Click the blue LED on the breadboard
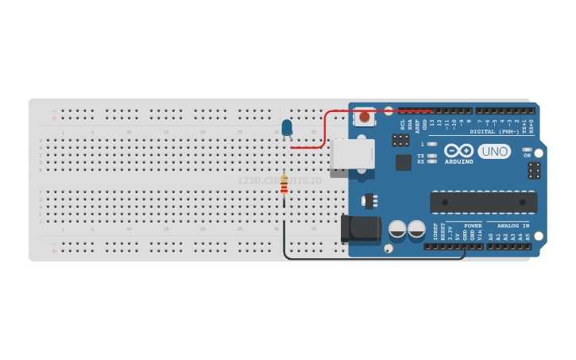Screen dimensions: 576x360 (287, 127)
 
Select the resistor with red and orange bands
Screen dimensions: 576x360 (284, 184)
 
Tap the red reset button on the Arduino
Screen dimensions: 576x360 (364, 117)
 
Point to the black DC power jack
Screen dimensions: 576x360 (361, 228)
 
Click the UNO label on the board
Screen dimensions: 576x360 (493, 151)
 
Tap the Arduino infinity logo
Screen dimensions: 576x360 (458, 150)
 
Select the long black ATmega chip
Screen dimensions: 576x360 (482, 203)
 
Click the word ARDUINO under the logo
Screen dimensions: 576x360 (458, 162)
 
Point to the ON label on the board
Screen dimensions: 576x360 (526, 156)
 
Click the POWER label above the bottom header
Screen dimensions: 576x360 (472, 226)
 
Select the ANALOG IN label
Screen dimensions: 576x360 (512, 226)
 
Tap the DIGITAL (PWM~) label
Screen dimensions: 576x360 (493, 132)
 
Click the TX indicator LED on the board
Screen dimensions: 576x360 (431, 156)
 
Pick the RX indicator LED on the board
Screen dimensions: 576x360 (431, 162)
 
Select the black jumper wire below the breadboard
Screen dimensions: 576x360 (373, 259)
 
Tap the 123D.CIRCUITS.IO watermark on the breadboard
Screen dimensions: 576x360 (280, 181)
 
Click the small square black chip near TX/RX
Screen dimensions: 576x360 (403, 162)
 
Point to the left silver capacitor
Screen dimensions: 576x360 (396, 230)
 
